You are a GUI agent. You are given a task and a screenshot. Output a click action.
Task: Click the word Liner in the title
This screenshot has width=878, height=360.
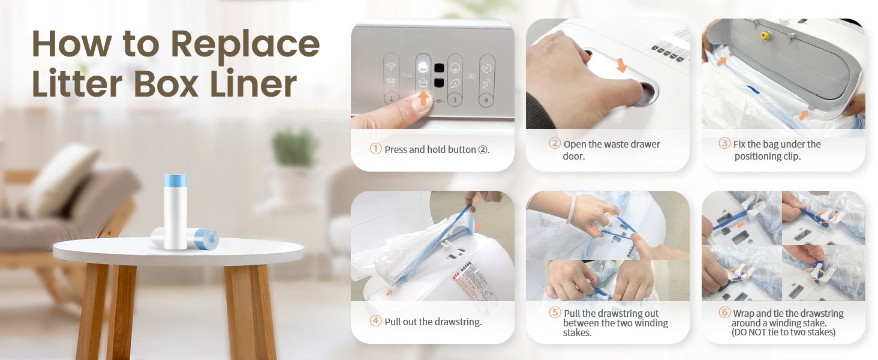pos(253,83)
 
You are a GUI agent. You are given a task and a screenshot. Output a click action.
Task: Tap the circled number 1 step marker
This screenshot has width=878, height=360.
pos(375,149)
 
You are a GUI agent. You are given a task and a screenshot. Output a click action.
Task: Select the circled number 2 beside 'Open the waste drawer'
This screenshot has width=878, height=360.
pos(555,143)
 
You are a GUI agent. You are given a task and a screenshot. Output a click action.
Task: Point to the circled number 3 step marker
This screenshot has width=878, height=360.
pos(724,143)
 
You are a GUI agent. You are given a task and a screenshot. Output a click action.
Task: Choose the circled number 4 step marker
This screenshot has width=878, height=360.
pos(375,321)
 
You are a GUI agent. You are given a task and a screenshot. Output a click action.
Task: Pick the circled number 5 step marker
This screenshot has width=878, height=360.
pos(555,312)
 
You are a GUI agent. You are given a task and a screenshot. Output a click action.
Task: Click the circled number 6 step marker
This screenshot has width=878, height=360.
pos(724,312)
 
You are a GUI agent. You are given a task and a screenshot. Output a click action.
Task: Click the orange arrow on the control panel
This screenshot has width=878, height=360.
pos(423,98)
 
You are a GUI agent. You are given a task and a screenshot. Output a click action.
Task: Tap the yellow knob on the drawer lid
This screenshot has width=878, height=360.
pos(765,35)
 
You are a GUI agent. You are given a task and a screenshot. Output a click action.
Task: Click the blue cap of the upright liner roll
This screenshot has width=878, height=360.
pos(175,181)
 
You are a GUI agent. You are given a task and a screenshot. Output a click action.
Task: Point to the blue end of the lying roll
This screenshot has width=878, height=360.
pos(206,238)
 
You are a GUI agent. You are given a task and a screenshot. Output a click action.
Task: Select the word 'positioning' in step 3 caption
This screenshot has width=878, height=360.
pos(757,157)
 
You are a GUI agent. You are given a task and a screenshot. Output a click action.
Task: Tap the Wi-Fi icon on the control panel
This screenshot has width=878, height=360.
pos(391,67)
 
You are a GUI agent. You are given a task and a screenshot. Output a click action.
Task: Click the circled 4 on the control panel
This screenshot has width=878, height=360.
pos(486,100)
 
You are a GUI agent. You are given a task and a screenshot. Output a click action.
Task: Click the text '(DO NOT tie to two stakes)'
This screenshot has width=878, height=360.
pos(783,332)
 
